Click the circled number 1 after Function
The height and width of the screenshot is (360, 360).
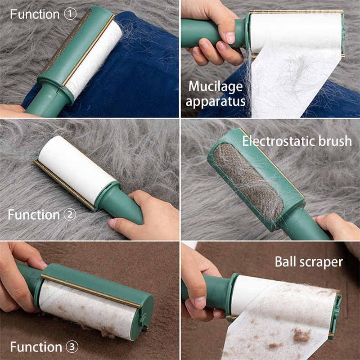click(70, 14)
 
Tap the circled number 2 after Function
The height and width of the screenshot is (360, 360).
click(70, 215)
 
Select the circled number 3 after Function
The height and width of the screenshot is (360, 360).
click(72, 346)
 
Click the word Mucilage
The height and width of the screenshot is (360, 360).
click(216, 87)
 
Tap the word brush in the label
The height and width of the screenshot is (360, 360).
click(335, 141)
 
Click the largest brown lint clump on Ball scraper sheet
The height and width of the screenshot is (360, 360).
click(301, 335)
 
